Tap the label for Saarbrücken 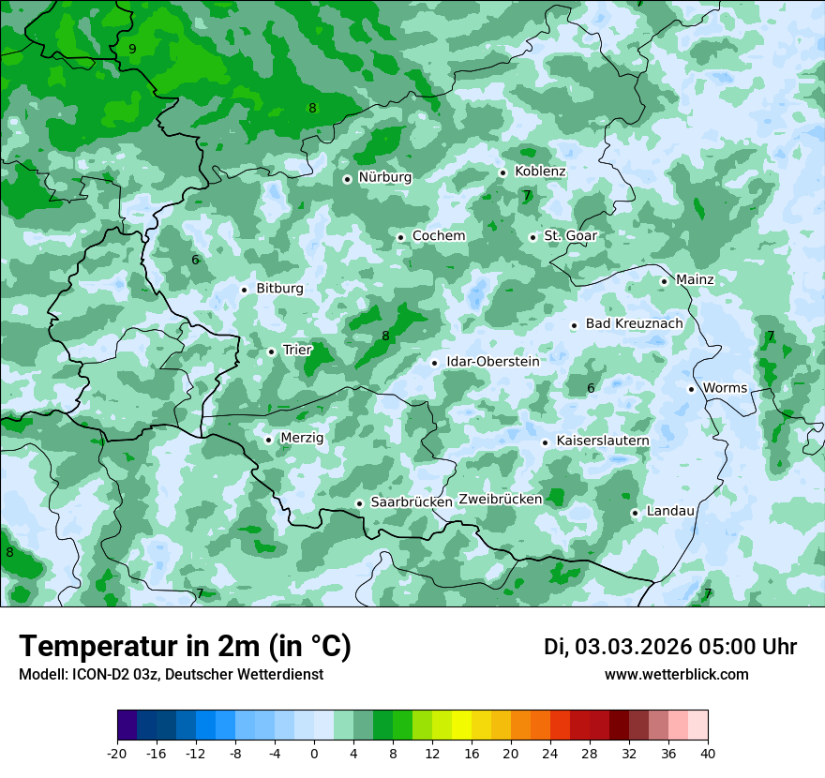click(412, 502)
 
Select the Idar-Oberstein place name click(492, 362)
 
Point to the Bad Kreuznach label click(634, 323)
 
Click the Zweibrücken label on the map click(501, 500)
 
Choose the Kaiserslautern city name click(603, 441)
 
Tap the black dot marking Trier click(272, 352)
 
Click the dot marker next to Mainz click(664, 281)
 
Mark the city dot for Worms click(691, 389)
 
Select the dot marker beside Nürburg click(347, 179)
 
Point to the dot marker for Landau click(635, 513)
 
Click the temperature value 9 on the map click(132, 49)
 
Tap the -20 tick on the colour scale click(117, 754)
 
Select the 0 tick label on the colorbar click(314, 754)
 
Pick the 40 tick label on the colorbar click(708, 754)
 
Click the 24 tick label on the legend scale click(550, 754)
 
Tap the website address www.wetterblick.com click(676, 675)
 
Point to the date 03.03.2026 click(633, 647)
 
